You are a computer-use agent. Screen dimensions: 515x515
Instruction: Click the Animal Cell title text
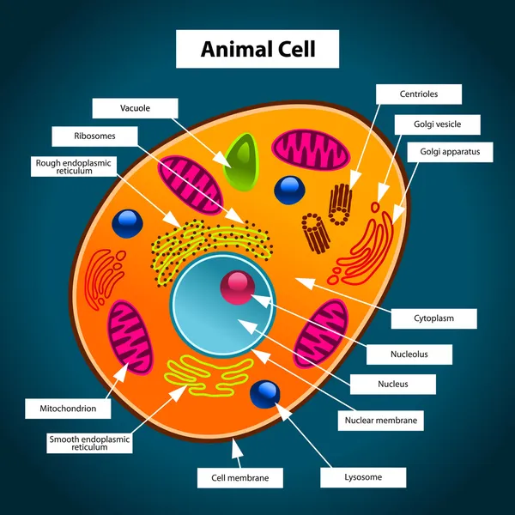[x=257, y=49]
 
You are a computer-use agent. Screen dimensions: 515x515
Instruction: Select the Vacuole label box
[x=135, y=108]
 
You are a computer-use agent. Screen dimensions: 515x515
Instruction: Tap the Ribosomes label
[x=94, y=136]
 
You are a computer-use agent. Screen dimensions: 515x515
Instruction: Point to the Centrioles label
[x=419, y=94]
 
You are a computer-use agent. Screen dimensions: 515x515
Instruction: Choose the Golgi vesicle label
[x=437, y=124]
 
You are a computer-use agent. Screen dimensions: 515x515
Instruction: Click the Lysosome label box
[x=363, y=477]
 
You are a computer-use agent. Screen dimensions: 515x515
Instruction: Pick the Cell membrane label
[x=240, y=478]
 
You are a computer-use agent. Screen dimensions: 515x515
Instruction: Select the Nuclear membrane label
[x=380, y=421]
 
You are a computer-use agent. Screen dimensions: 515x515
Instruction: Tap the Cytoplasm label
[x=433, y=318]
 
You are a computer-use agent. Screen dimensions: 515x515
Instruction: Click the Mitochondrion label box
[x=68, y=409]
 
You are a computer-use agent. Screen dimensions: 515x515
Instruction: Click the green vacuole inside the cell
[x=242, y=162]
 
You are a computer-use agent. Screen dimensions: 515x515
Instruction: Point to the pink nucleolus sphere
[x=237, y=288]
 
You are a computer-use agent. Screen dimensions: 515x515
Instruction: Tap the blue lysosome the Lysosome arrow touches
[x=265, y=394]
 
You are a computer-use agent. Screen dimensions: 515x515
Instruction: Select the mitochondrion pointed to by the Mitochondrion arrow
[x=130, y=337]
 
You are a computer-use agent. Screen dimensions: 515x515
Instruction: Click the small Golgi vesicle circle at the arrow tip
[x=375, y=207]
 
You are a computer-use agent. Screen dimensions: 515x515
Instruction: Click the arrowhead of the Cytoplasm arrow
[x=306, y=283]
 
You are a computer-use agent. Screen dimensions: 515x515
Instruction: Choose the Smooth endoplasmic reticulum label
[x=89, y=443]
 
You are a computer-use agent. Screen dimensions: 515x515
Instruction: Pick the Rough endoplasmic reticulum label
[x=74, y=167]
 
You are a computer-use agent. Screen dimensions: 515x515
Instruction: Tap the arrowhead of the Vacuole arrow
[x=221, y=160]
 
